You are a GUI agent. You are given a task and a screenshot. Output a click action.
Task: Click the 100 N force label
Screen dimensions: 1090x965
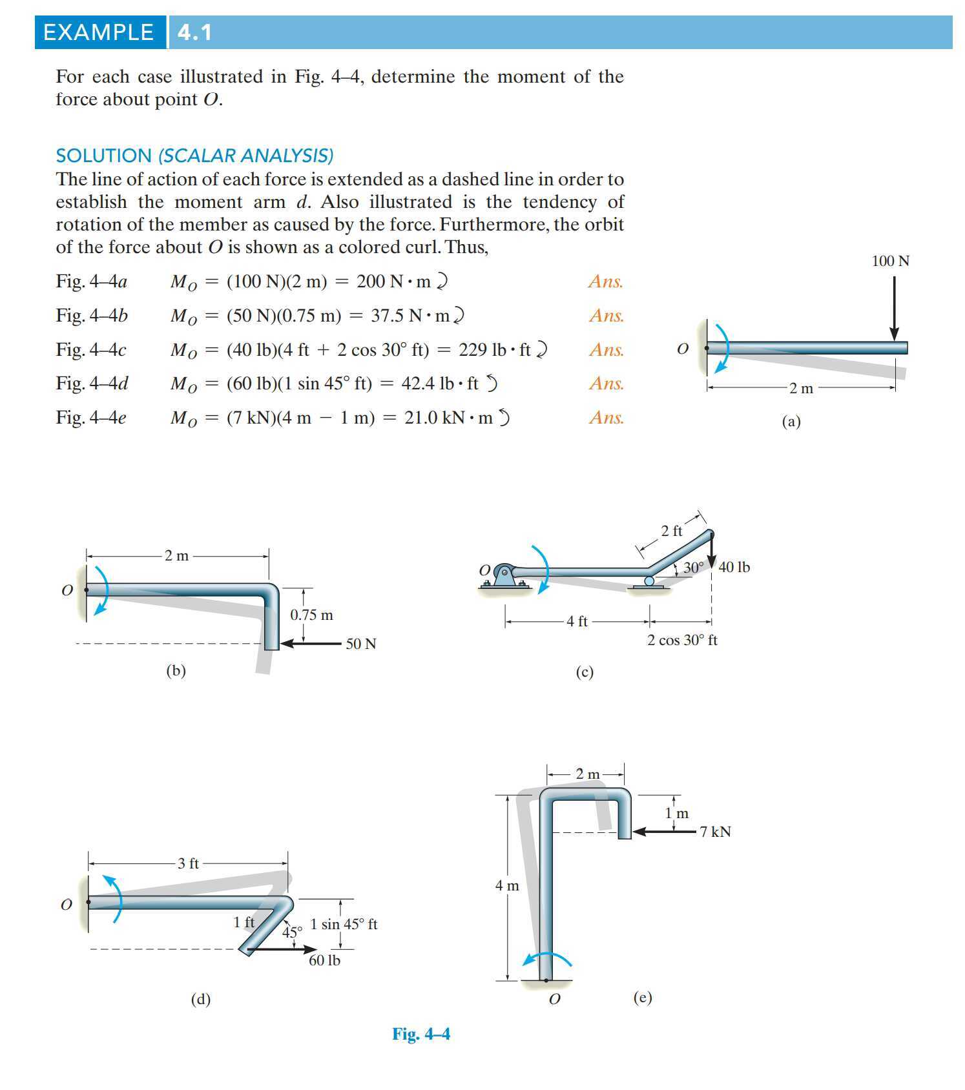(x=890, y=261)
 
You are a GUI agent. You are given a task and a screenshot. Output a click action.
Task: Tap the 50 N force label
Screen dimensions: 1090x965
(x=360, y=644)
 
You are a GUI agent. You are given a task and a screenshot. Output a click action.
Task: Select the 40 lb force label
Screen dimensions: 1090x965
(x=734, y=567)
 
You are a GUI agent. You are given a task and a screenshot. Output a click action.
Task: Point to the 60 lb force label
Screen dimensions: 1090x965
(x=324, y=960)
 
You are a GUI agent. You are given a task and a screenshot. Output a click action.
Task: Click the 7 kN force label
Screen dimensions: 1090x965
(x=715, y=832)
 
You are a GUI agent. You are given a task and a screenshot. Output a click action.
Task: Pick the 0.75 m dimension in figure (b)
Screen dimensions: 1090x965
(x=311, y=615)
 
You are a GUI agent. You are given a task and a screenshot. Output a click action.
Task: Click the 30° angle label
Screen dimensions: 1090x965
(x=693, y=568)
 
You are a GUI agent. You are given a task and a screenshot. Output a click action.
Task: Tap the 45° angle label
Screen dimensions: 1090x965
(x=292, y=932)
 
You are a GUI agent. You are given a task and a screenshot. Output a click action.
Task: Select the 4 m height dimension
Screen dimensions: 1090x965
(x=507, y=885)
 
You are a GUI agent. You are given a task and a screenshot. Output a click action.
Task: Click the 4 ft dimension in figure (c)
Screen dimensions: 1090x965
(x=577, y=621)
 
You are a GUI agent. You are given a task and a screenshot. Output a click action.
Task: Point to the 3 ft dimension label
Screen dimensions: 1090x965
(x=188, y=863)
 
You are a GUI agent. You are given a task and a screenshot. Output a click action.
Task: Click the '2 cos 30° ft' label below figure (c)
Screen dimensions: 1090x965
(x=682, y=640)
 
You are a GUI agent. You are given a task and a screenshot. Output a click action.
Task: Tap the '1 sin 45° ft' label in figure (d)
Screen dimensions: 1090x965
(x=344, y=924)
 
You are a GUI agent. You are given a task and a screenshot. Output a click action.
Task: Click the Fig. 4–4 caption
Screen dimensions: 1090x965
(x=421, y=1034)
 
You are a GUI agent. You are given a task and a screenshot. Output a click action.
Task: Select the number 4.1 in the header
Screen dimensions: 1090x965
(x=194, y=32)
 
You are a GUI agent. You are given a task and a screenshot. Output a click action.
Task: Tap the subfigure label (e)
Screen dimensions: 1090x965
(x=642, y=998)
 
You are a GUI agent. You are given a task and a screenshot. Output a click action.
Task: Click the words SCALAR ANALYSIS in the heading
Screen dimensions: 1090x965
(x=246, y=156)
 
